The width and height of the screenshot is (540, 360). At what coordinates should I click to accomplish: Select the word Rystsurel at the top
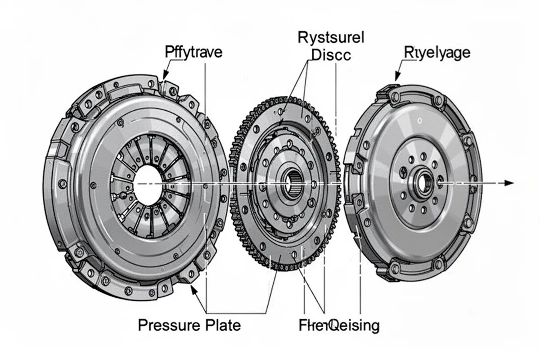[331, 38]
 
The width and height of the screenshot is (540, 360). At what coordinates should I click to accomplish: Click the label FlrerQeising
[339, 325]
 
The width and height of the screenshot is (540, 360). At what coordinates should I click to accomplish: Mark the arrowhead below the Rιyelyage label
[397, 77]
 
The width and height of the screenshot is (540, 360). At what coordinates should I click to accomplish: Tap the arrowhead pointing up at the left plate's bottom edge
[193, 290]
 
